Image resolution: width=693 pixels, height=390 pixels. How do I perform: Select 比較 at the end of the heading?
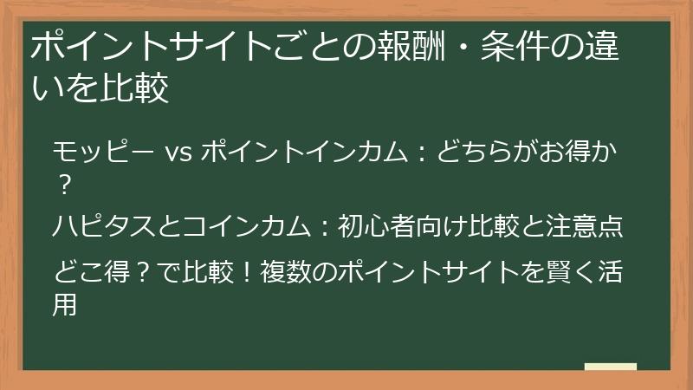[139, 88]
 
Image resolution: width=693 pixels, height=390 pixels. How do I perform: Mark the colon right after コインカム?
[320, 226]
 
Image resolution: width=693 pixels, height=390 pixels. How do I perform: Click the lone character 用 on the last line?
[65, 302]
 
